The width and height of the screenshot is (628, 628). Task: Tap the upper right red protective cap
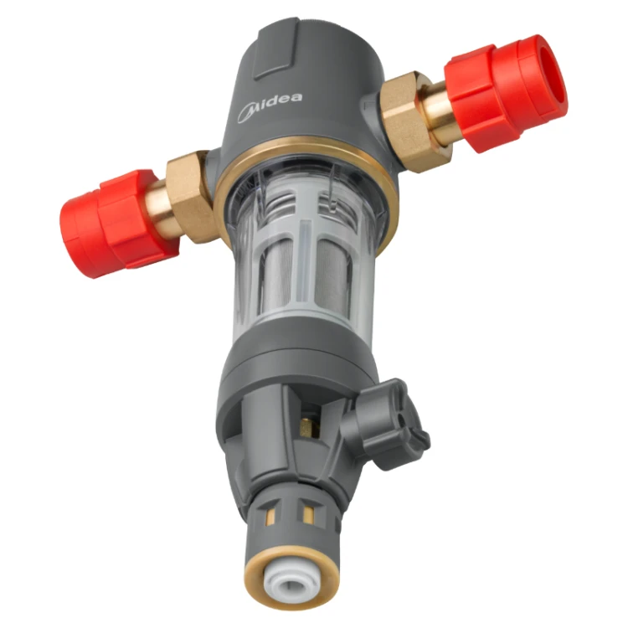coord(506,94)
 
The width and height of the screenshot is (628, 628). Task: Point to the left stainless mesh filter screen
coord(276,281)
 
